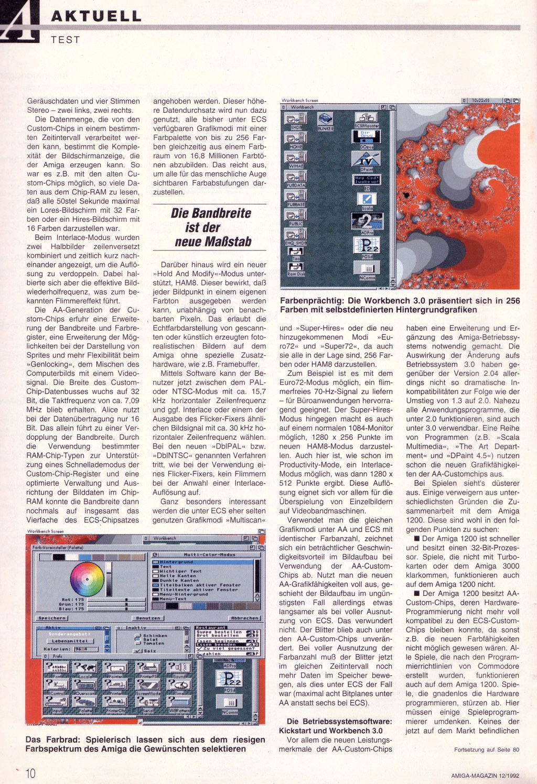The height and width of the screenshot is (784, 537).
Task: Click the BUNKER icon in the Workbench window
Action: pyautogui.click(x=325, y=120)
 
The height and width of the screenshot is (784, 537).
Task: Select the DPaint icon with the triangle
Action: pyautogui.click(x=367, y=159)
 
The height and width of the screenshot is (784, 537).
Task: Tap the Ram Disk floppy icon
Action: pyautogui.click(x=295, y=267)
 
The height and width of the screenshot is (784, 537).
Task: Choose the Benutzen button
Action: pyautogui.click(x=148, y=618)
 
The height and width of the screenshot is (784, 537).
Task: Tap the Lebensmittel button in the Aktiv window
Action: pyautogui.click(x=70, y=641)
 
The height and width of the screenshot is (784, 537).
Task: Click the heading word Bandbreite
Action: pyautogui.click(x=211, y=213)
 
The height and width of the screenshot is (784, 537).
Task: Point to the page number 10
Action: pyautogui.click(x=30, y=773)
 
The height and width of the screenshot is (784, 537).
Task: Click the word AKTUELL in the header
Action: pyautogui.click(x=96, y=16)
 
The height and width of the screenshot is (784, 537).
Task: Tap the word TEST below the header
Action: pyautogui.click(x=66, y=40)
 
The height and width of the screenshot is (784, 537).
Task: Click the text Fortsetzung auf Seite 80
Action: pyautogui.click(x=486, y=749)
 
